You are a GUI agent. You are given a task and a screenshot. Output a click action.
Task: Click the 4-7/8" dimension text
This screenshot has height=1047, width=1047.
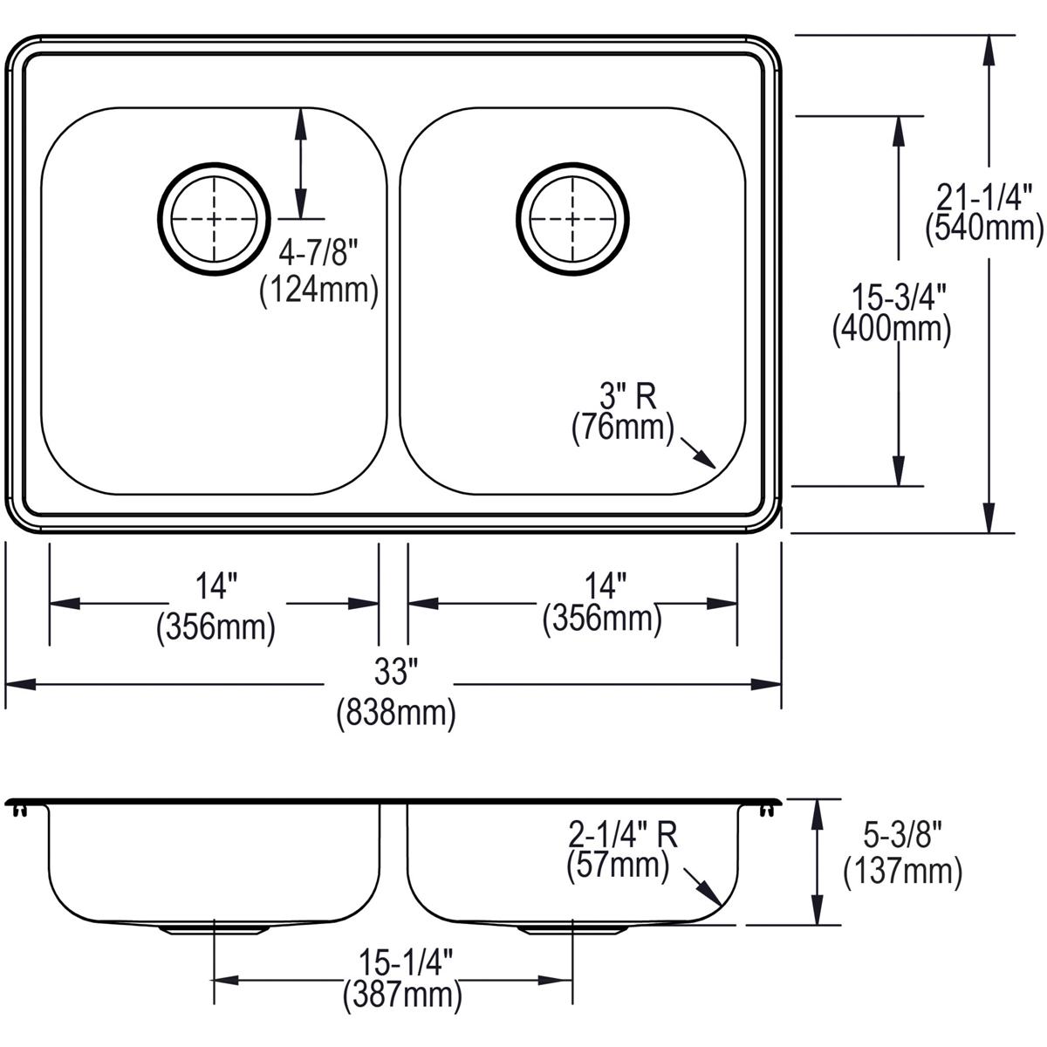[x=318, y=256]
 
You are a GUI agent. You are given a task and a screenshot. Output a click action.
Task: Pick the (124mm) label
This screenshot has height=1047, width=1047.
[x=318, y=291]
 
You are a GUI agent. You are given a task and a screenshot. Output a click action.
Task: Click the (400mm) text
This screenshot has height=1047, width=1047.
[x=890, y=329]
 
